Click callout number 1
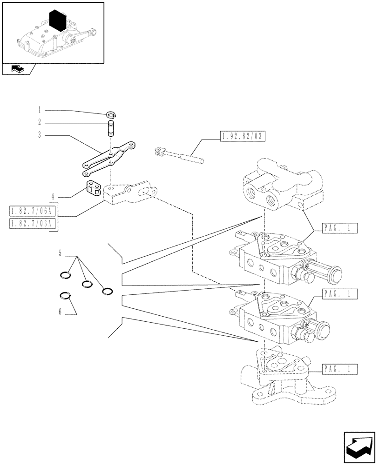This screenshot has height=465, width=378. coord(40,110)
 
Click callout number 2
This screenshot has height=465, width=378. coord(40,123)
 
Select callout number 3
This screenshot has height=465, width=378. coord(40,135)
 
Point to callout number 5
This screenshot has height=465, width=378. coord(60,253)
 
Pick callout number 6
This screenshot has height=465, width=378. coord(60,312)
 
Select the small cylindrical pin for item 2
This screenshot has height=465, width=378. coord(111,128)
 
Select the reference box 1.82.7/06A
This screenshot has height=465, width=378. coord(32,212)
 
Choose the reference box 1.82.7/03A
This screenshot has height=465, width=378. coord(32,224)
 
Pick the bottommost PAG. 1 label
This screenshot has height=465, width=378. coord(339,370)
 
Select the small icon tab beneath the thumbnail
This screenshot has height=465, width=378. coord(17,70)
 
